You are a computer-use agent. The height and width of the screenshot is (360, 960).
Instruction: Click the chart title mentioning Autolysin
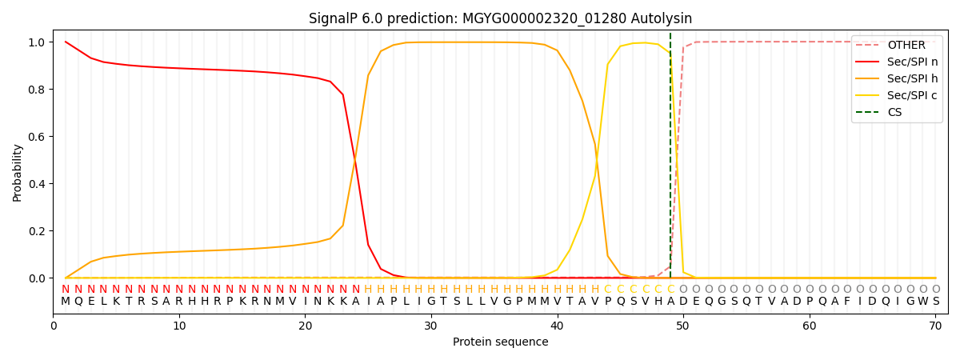tap(500, 18)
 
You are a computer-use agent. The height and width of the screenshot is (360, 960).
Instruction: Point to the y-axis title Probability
tap(18, 172)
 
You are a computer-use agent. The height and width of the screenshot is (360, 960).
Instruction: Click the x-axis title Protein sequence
tap(500, 342)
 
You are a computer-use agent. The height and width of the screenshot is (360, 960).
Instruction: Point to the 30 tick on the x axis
tap(431, 326)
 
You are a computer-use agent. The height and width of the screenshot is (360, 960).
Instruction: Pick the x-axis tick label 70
tap(935, 326)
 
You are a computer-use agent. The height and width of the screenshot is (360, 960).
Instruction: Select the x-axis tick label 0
tap(54, 326)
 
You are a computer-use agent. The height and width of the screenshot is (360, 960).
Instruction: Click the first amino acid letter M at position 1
tap(66, 302)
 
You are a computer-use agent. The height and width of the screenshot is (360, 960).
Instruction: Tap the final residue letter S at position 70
tap(935, 302)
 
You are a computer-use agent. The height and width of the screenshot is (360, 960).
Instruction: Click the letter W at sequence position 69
tap(922, 302)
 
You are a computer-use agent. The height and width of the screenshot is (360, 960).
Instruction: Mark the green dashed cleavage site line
tap(670, 160)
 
